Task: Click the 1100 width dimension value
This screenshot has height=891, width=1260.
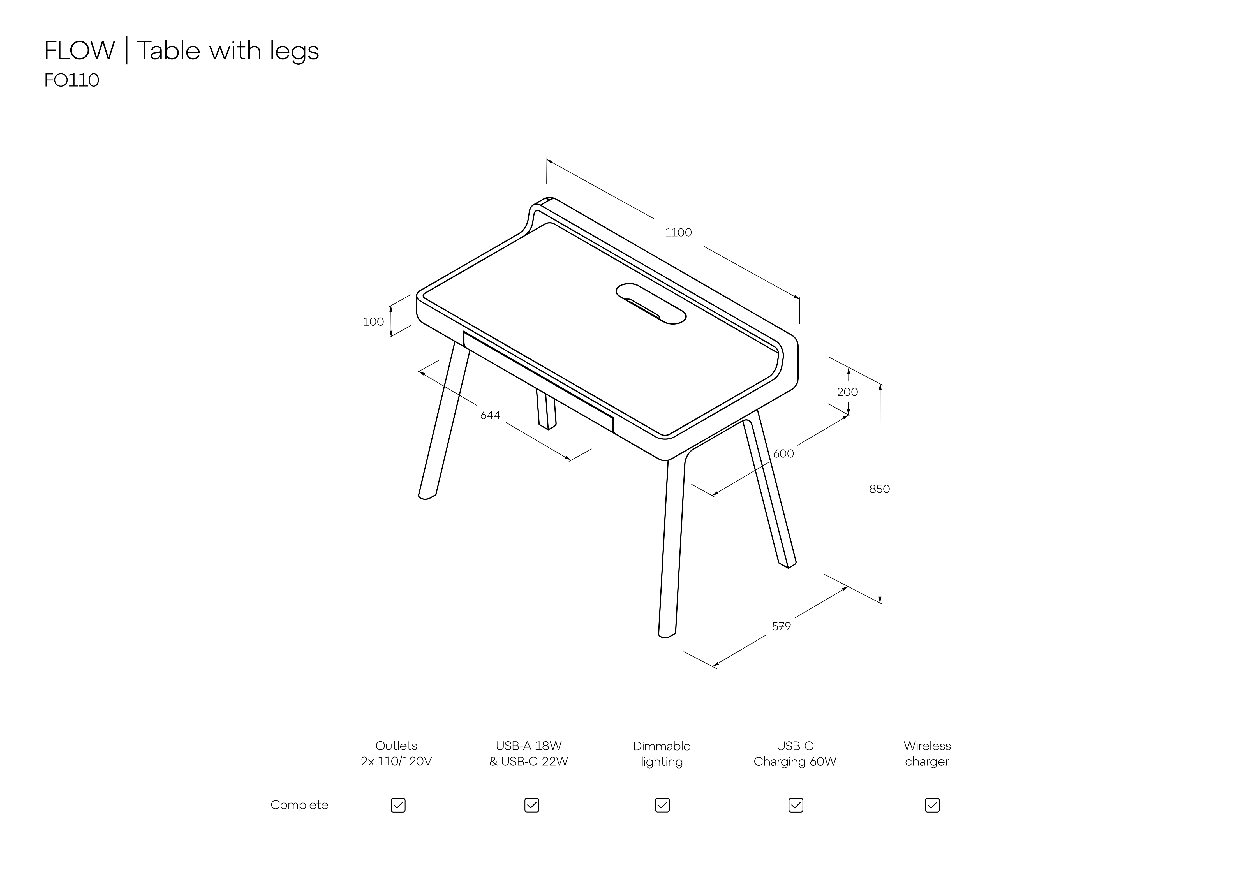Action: point(678,233)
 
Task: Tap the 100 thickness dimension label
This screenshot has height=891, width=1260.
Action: point(374,322)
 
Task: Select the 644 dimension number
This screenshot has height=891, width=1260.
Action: point(490,415)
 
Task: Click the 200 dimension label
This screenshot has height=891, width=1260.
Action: point(847,392)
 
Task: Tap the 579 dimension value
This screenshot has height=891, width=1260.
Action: point(782,626)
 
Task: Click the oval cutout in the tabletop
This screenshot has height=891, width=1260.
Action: point(651,304)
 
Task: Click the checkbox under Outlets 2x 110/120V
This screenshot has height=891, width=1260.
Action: point(398,805)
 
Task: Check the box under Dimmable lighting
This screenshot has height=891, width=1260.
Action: point(662,805)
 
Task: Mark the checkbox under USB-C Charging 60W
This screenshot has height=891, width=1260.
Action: point(796,805)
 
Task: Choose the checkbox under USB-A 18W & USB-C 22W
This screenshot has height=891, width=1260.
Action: point(532,805)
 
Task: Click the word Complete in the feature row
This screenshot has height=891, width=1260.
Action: point(299,805)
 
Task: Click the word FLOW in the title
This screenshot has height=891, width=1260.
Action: point(80,50)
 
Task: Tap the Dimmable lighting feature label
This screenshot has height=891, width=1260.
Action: point(662,754)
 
